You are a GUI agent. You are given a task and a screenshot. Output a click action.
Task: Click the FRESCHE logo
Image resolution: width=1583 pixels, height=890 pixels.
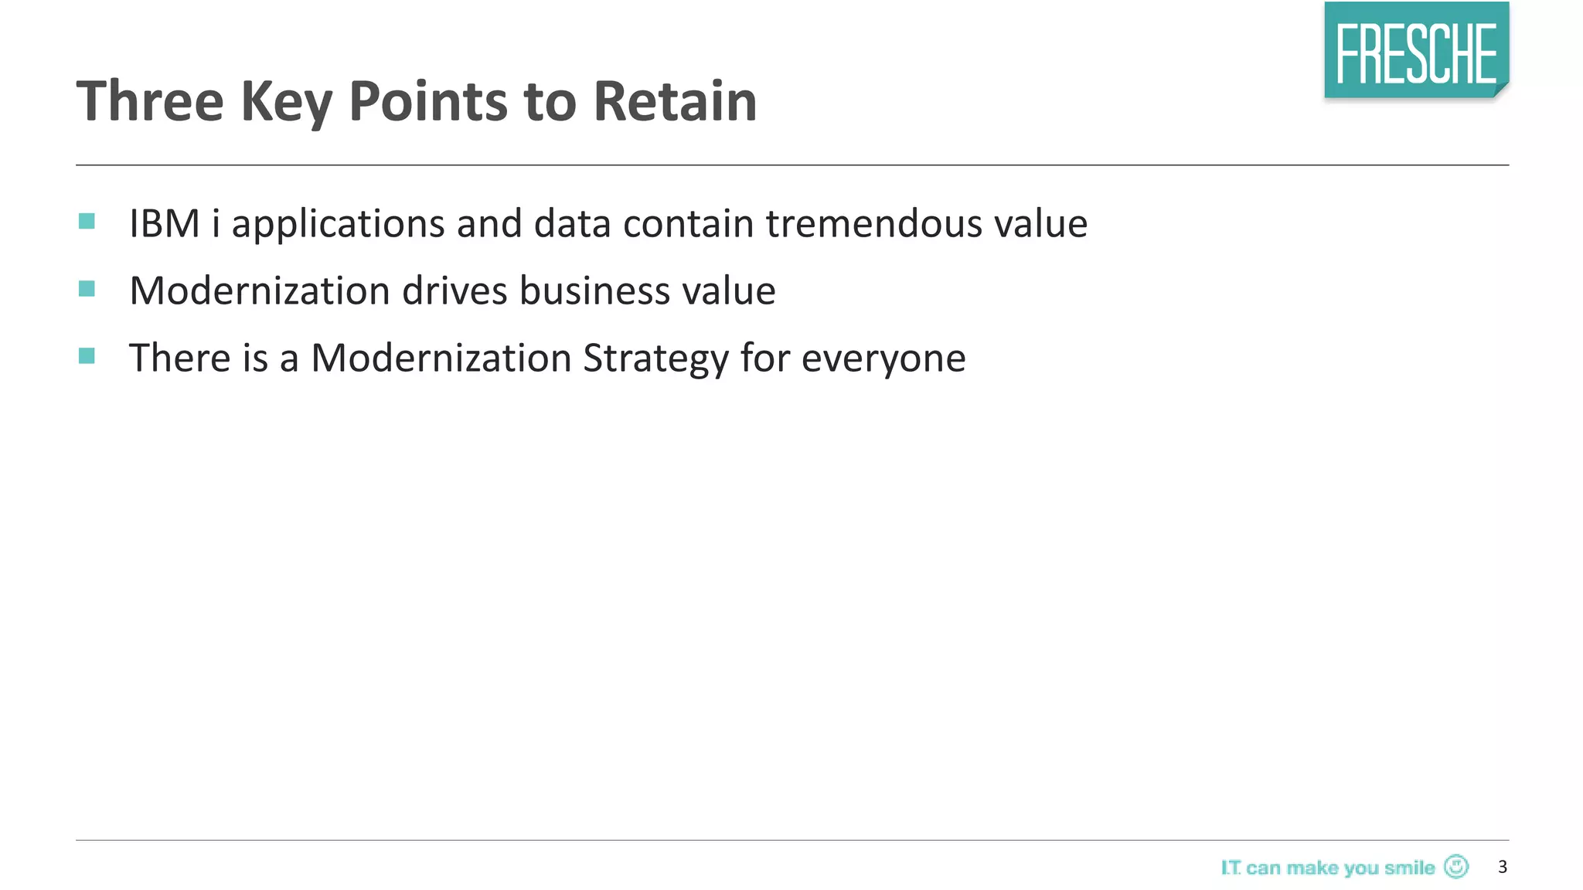point(1416,51)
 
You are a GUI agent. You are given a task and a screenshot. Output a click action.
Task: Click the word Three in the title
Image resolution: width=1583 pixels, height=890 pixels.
point(150,101)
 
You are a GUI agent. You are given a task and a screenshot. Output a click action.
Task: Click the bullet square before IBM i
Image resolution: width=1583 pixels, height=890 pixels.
point(87,222)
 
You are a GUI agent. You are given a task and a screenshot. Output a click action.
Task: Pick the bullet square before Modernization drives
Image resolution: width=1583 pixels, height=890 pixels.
point(87,290)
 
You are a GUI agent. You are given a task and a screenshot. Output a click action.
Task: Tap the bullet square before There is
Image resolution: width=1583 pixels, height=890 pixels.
point(87,356)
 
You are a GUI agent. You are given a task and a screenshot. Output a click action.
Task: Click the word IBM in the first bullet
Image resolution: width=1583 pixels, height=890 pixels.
point(165,224)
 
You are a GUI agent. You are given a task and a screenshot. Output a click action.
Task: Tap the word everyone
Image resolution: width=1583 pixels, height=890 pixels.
point(883,359)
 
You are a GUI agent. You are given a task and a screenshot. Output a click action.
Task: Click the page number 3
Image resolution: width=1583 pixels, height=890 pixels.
point(1502,867)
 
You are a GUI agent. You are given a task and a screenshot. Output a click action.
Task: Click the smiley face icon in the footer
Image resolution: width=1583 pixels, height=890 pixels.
point(1456,867)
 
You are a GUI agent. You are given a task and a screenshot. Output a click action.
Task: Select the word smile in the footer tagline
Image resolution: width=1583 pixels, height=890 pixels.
point(1409,868)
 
